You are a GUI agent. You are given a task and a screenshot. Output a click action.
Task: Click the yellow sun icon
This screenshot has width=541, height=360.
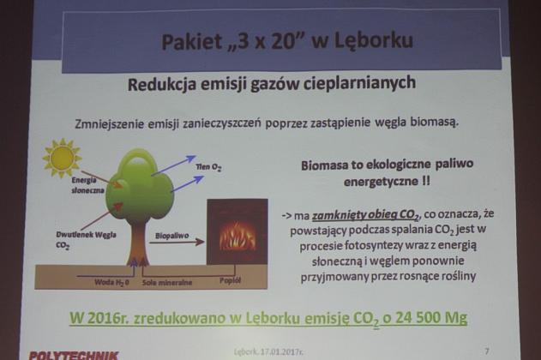[61, 159]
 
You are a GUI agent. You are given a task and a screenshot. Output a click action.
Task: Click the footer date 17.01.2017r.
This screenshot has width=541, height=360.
[294, 351]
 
